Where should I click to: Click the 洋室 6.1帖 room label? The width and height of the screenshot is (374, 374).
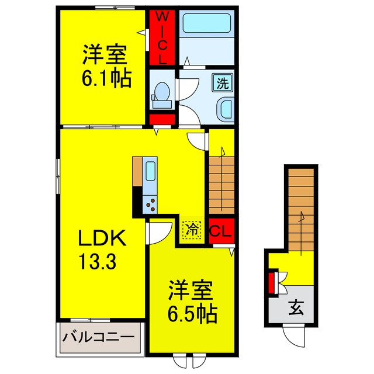pyautogui.click(x=105, y=65)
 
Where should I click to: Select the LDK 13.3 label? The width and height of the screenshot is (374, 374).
pyautogui.click(x=103, y=249)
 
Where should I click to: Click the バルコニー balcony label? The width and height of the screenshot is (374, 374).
pyautogui.click(x=100, y=337)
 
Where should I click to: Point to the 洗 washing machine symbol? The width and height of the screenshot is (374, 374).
pyautogui.click(x=223, y=82)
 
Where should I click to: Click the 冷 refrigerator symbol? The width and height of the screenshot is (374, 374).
pyautogui.click(x=191, y=230)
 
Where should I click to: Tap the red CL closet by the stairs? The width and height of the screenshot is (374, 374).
pyautogui.click(x=221, y=230)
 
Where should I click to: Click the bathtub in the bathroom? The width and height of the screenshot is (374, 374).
pyautogui.click(x=207, y=25)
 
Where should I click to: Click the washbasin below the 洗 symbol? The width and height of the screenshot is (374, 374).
pyautogui.click(x=223, y=109)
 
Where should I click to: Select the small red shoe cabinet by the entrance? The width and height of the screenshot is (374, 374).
pyautogui.click(x=272, y=283)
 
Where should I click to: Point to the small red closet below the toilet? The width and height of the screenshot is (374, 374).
pyautogui.click(x=162, y=120)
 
